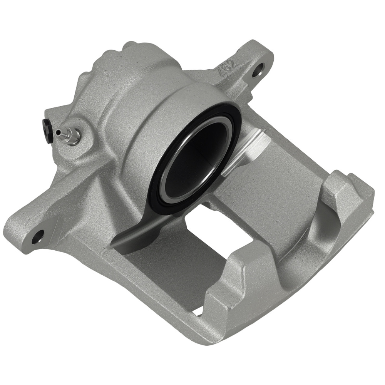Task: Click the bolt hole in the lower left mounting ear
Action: [37, 236]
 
